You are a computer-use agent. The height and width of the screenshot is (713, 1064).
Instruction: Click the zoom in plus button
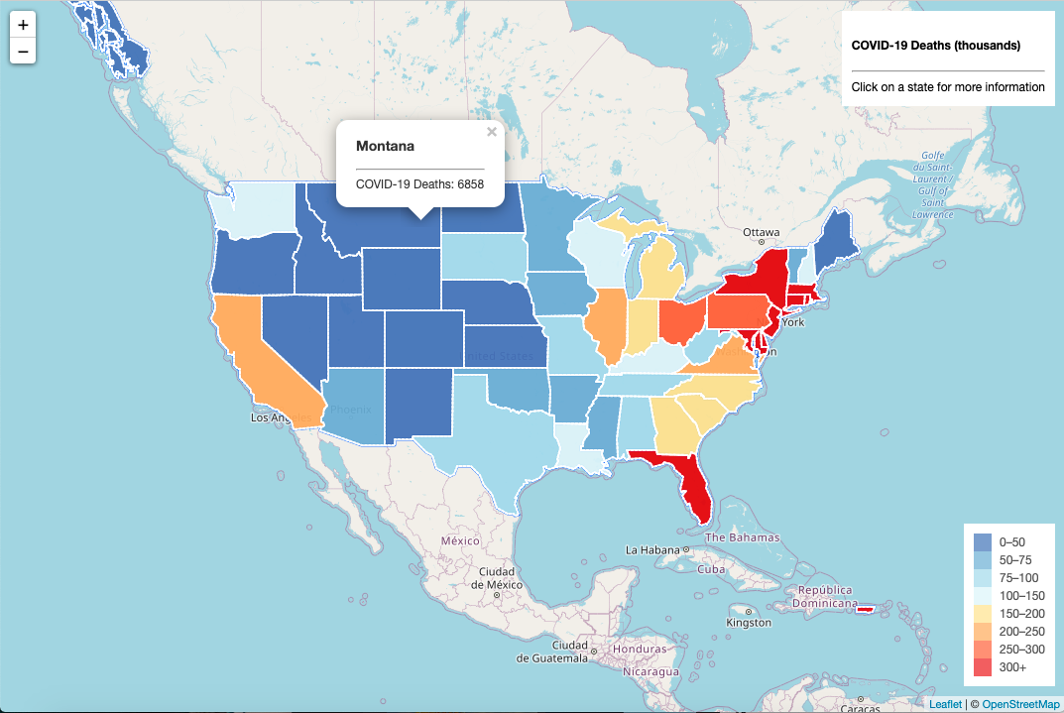[23, 25]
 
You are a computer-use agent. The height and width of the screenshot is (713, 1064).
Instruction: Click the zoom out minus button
[23, 51]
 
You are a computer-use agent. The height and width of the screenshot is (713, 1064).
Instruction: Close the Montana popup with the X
[492, 132]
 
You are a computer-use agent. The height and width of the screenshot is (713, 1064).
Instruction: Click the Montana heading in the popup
[385, 146]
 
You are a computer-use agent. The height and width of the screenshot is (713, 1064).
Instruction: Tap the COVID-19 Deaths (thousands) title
[935, 46]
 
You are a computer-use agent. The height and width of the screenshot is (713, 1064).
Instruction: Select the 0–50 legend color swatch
[983, 541]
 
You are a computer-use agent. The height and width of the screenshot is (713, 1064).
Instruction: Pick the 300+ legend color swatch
[983, 667]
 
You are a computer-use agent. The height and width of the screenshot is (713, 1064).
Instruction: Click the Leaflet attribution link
[945, 704]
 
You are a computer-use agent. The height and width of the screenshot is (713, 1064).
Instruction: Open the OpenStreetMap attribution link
[1020, 704]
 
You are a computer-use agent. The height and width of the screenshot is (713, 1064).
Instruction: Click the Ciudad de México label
[496, 578]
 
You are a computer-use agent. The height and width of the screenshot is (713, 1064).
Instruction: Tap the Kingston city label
[748, 623]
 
